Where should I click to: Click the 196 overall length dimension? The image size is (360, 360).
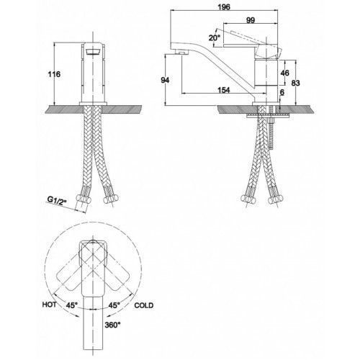224,7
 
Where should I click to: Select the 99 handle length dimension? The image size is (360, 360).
251,20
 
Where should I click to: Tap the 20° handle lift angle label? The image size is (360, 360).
214,38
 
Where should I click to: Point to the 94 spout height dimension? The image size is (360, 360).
165,80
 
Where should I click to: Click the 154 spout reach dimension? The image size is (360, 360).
224,90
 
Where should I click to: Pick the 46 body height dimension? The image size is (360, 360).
284,73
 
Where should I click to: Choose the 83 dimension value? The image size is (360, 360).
295,83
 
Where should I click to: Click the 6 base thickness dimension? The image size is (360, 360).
282,92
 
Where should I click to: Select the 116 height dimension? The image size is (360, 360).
54,74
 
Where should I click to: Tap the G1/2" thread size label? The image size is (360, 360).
56,200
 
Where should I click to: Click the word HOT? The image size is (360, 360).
50,305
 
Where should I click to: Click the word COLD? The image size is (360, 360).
144,305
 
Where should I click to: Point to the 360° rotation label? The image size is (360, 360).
112,325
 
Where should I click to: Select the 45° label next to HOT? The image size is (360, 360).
72,305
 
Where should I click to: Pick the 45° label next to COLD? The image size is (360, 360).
114,305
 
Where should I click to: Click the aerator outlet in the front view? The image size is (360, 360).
93,52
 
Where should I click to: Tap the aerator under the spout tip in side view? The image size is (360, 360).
181,52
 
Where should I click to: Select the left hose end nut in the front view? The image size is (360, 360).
84,199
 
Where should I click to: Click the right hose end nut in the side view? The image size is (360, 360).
276,199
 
